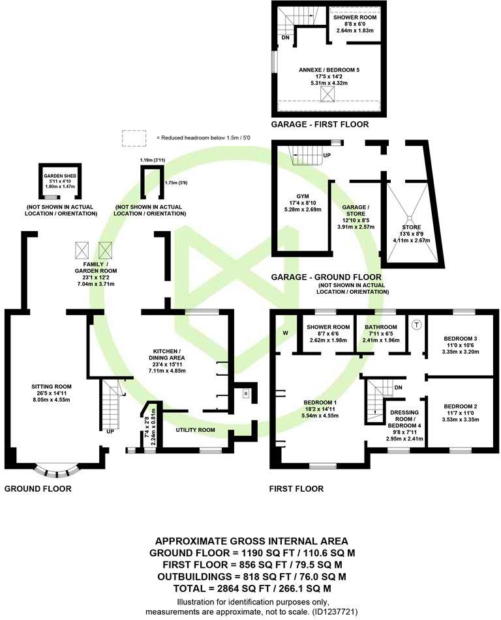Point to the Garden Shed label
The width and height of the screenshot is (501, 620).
point(57,176)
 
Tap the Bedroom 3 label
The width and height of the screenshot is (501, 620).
point(461,339)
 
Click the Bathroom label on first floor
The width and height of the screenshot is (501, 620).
point(380,327)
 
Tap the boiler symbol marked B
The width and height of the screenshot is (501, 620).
point(246,393)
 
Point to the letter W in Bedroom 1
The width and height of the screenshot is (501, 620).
point(286,331)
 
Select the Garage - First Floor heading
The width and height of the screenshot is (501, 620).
point(320,124)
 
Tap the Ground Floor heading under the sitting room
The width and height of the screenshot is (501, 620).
point(38,488)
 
